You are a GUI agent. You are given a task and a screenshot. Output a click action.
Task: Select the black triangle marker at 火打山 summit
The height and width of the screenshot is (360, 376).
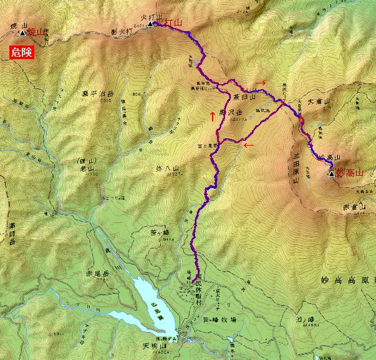click(x=150, y=24)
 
